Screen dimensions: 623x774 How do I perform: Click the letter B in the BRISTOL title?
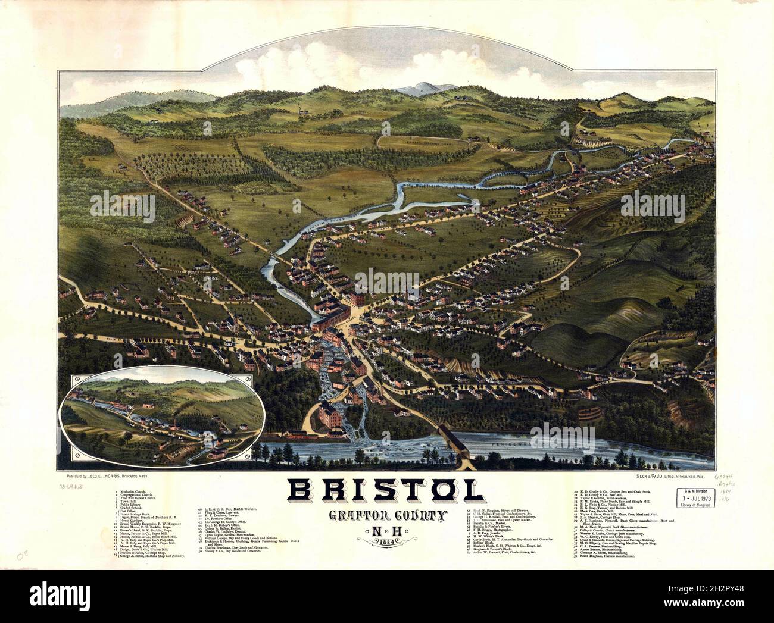(305, 490)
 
